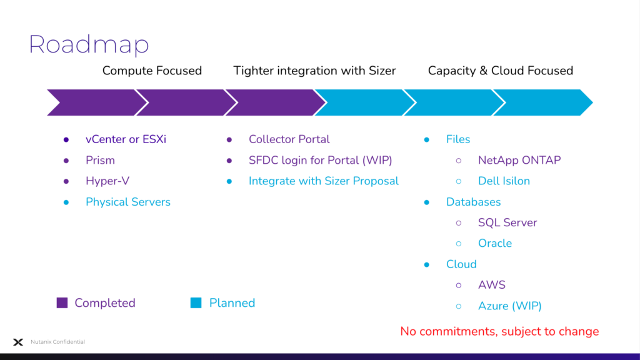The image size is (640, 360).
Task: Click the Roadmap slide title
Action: point(89,44)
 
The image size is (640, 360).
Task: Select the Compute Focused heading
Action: point(152,71)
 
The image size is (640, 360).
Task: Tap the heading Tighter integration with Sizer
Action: point(314,71)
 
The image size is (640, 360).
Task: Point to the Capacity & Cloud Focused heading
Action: point(501,71)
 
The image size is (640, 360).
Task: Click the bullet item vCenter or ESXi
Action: point(126,139)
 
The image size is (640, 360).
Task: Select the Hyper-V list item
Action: point(107,181)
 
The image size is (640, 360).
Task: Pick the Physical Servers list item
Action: point(127,202)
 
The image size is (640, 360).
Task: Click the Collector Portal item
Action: point(289,139)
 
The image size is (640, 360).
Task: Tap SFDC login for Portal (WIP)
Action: point(321,160)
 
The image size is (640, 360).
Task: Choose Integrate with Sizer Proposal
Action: point(324,181)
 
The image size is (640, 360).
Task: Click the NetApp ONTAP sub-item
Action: point(519,160)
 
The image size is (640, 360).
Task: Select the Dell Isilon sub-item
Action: point(504,181)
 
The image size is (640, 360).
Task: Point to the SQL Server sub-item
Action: point(507,222)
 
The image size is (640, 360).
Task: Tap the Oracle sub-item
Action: point(495,243)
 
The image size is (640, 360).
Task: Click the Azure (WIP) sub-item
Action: point(510,306)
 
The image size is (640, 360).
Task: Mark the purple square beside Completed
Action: point(62,303)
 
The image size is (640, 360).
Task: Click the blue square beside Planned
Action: point(196,303)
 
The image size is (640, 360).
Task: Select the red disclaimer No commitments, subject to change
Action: point(499,331)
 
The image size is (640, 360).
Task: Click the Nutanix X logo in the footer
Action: point(18,342)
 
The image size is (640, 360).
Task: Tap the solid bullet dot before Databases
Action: point(426,202)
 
